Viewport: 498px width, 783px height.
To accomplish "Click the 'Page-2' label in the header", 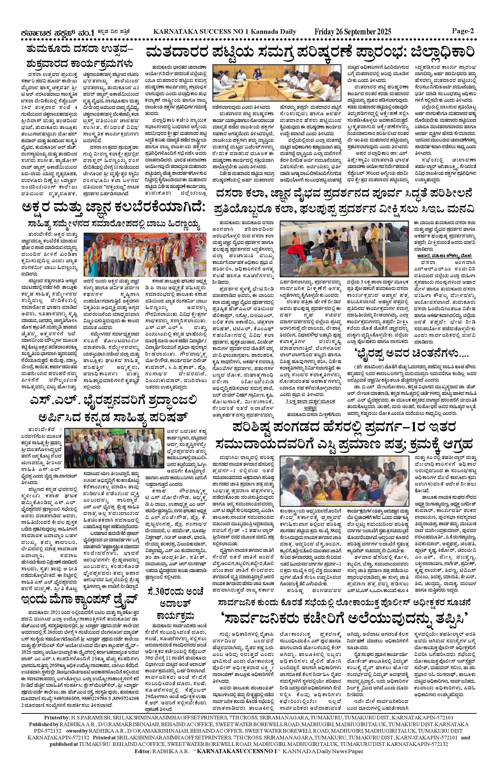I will [463, 31].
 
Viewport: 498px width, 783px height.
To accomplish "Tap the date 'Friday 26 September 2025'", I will [353, 32].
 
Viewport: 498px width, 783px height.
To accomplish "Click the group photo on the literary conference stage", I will [145, 254].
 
